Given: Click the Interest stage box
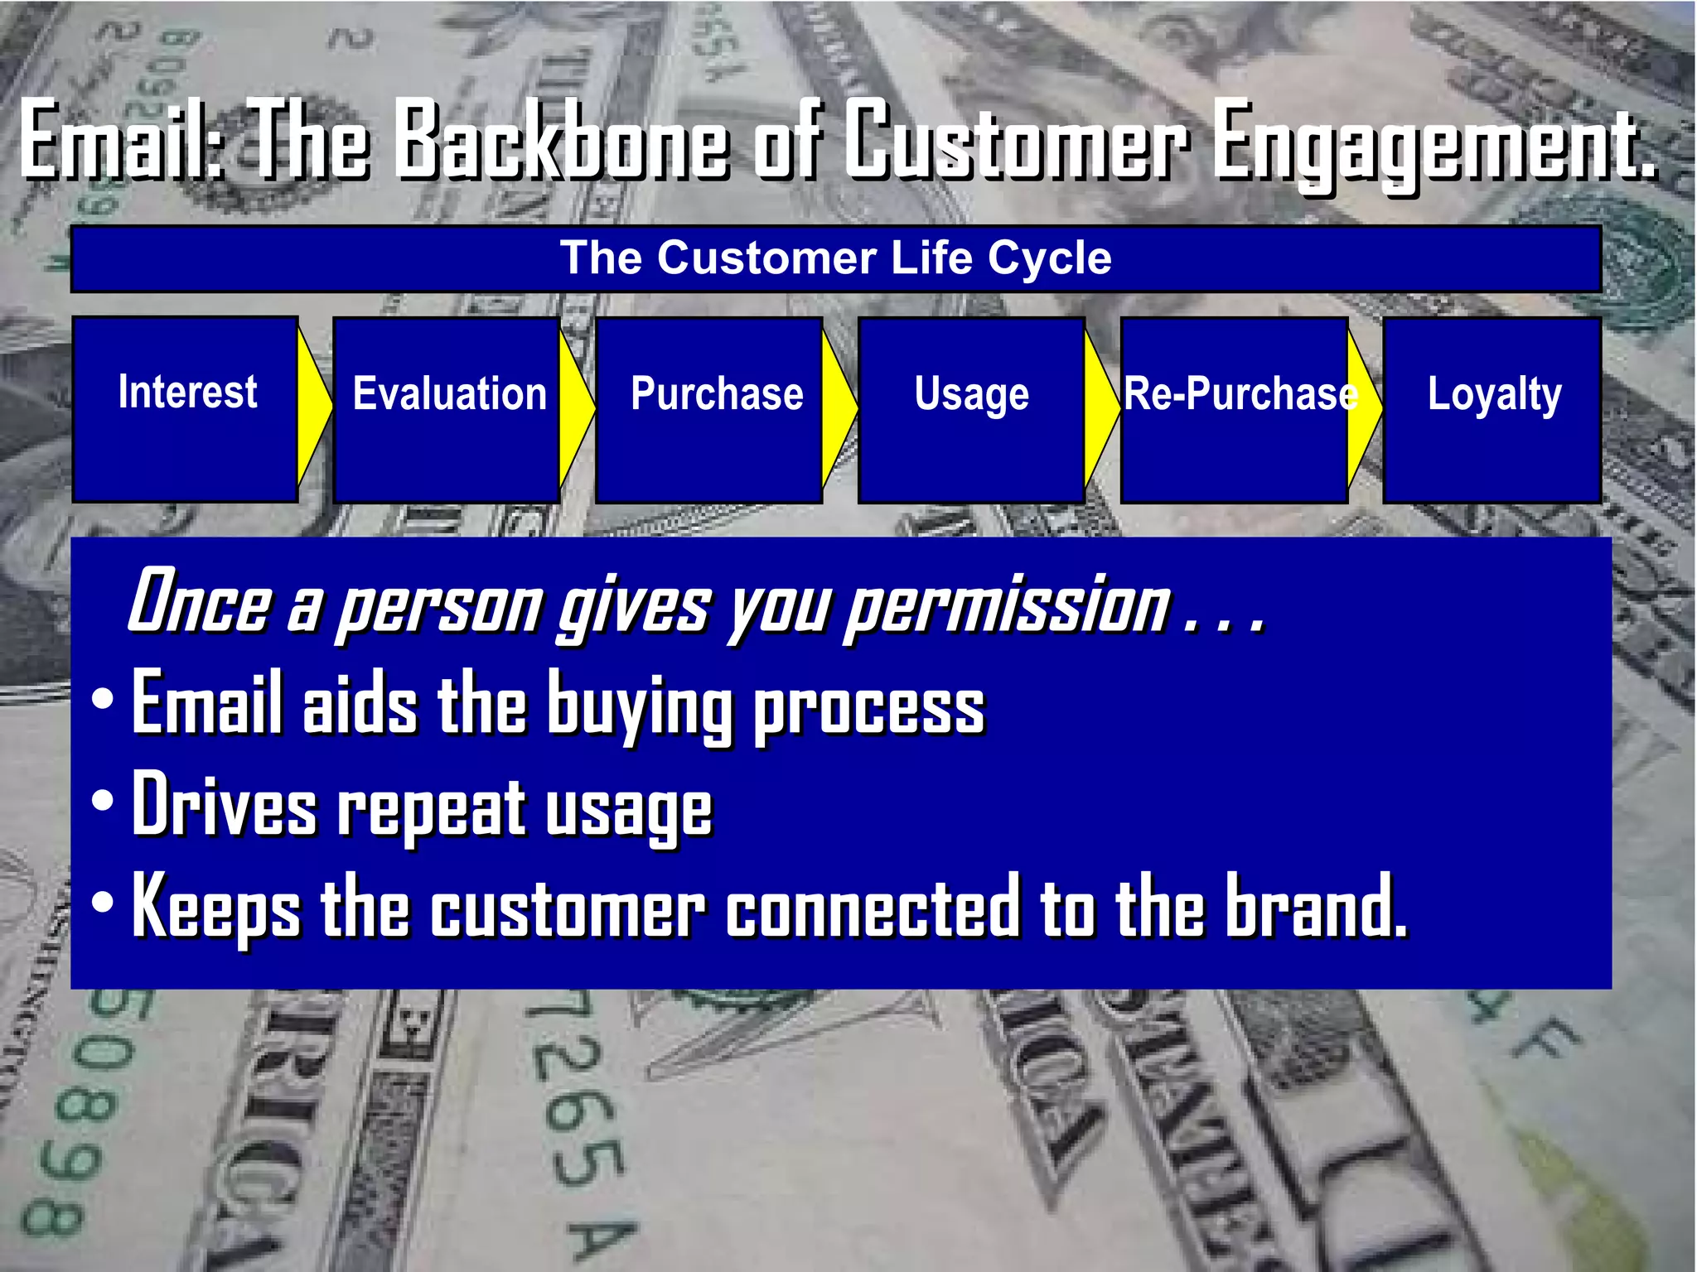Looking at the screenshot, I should (186, 409).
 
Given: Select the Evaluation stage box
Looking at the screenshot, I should (447, 409).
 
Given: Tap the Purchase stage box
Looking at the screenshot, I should (709, 409).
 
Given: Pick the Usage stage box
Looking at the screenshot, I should (971, 409).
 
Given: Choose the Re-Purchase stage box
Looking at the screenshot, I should (1234, 409).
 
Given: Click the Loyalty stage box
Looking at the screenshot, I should (1492, 409).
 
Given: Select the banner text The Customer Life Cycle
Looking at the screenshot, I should (835, 258).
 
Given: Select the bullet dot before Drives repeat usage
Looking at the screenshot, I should (103, 801).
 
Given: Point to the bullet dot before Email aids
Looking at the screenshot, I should (103, 698).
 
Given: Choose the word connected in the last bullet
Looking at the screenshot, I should (872, 908).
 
